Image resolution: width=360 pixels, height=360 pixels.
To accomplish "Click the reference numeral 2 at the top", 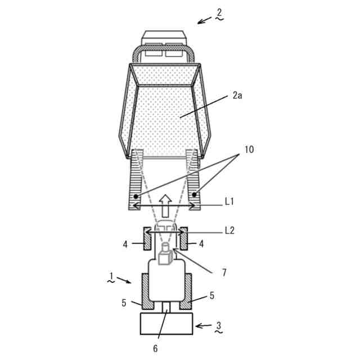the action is pyautogui.click(x=219, y=12).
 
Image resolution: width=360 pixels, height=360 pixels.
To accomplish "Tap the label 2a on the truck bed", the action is pyautogui.click(x=238, y=96).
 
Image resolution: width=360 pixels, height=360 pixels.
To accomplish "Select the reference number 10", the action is pyautogui.click(x=249, y=150).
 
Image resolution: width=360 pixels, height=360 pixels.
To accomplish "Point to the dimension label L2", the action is pyautogui.click(x=230, y=231).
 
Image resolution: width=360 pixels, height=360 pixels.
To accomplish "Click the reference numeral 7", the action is pyautogui.click(x=224, y=272).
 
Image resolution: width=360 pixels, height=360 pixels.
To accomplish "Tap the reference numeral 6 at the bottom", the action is pyautogui.click(x=156, y=348).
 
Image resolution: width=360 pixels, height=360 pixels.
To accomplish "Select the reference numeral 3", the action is pyautogui.click(x=218, y=326).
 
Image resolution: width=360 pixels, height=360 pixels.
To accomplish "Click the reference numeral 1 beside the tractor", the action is pyautogui.click(x=111, y=276).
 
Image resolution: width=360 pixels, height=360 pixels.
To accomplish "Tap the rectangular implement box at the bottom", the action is pyautogui.click(x=166, y=325).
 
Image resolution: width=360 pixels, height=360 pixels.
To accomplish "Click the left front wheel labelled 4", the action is pyautogui.click(x=146, y=239).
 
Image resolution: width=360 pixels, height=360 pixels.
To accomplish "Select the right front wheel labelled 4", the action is pyautogui.click(x=183, y=239).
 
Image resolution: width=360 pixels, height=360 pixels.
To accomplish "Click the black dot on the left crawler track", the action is pyautogui.click(x=137, y=196).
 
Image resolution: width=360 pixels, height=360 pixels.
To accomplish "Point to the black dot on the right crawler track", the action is pyautogui.click(x=195, y=195).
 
